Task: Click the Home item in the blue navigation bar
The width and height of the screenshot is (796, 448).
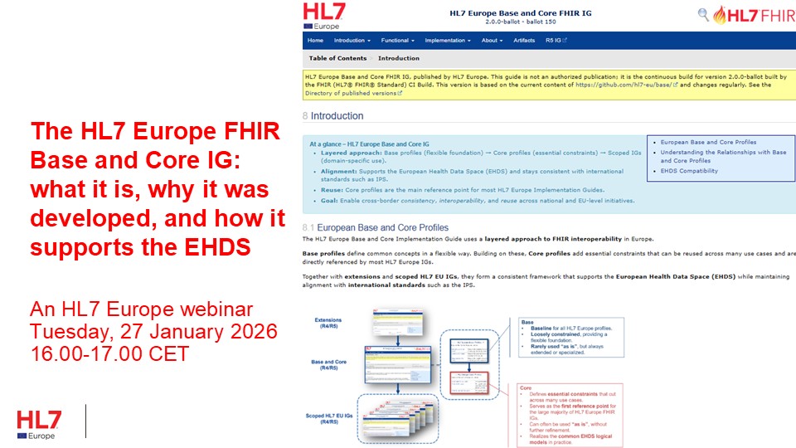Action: [315, 41]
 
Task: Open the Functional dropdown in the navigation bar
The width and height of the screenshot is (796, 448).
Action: [396, 41]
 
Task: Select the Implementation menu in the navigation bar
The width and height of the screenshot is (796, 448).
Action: [447, 41]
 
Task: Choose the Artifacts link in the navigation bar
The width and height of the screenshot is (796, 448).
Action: [524, 41]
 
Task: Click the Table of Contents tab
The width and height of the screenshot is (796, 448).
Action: [337, 59]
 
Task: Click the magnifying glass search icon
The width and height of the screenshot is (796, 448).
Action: [703, 14]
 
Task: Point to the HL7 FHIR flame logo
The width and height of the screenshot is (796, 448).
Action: [750, 14]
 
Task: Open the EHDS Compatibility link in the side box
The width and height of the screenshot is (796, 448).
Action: [690, 171]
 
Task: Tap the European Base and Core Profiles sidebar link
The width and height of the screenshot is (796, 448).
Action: [708, 142]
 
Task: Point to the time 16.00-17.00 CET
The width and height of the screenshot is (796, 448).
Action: [109, 353]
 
